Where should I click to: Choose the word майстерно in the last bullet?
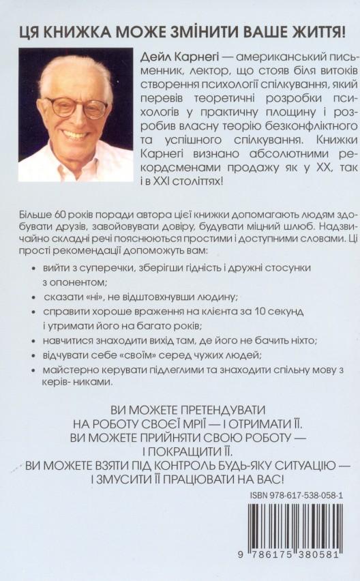(70, 370)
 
